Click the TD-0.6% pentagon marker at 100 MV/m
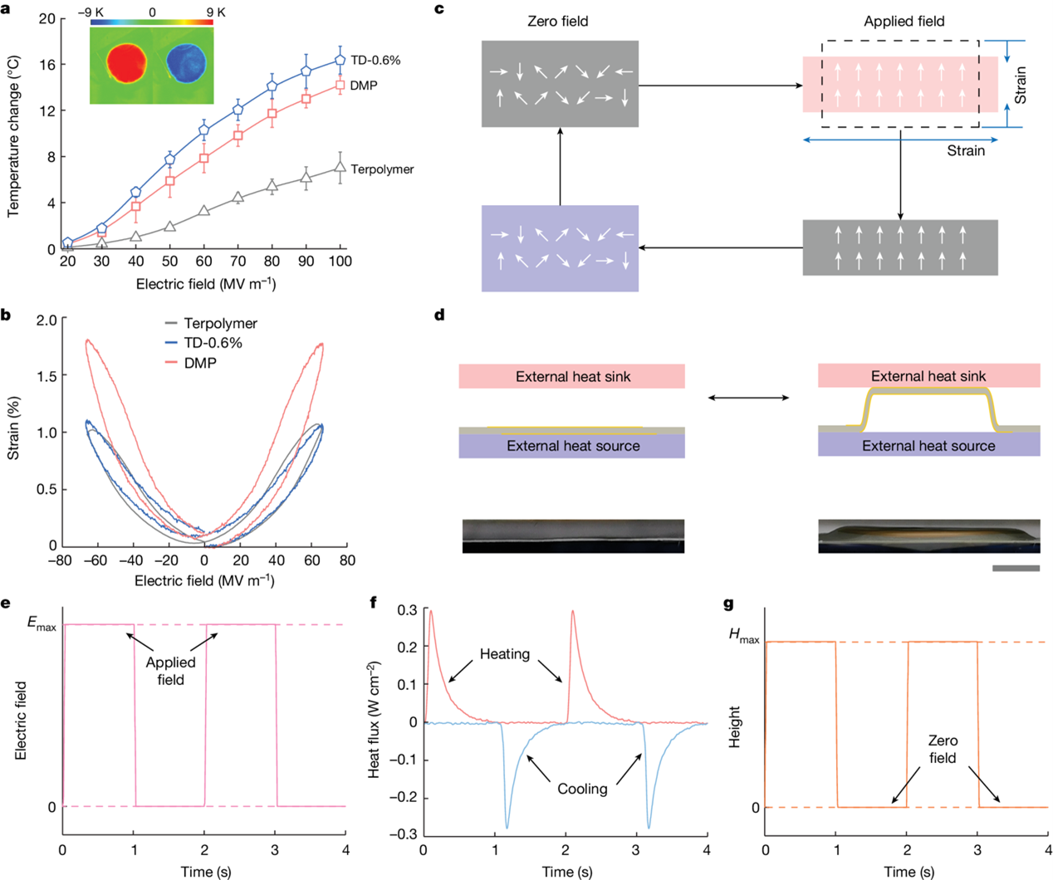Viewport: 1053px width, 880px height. click(x=340, y=60)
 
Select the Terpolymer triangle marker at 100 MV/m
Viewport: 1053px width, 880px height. click(x=340, y=167)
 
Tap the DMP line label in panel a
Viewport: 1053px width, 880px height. click(x=364, y=86)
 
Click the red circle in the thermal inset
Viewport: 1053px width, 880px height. click(x=126, y=64)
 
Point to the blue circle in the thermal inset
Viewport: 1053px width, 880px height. click(x=188, y=64)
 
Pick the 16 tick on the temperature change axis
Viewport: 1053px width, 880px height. click(x=47, y=64)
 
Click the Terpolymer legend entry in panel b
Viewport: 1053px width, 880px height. click(x=220, y=324)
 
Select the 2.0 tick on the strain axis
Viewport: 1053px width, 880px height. click(x=47, y=320)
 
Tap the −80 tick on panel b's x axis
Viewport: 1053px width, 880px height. click(x=60, y=560)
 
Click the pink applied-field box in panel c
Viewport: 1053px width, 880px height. click(x=901, y=84)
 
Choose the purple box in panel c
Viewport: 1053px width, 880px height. click(x=560, y=248)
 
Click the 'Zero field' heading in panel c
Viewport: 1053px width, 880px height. click(x=558, y=22)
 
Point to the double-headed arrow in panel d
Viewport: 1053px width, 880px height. click(x=748, y=398)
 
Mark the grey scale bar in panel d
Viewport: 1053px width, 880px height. click(x=1015, y=569)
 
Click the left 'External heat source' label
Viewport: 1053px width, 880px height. click(x=573, y=446)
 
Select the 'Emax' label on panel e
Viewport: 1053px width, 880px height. click(x=42, y=624)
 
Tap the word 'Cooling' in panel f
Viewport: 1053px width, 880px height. click(x=582, y=789)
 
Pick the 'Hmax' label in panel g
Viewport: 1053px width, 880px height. click(x=744, y=636)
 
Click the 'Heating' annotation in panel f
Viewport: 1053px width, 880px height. click(x=504, y=654)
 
